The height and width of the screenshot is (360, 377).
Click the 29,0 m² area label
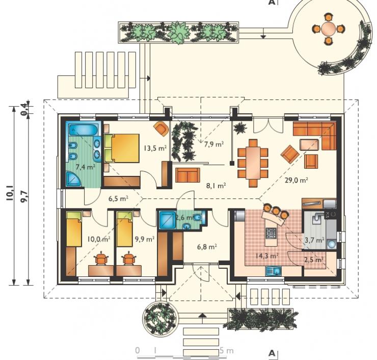pos(297,180)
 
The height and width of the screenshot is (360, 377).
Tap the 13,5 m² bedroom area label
pos(155,148)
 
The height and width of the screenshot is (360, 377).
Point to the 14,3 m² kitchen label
pos(267,255)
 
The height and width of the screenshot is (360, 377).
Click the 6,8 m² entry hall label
pos(207,247)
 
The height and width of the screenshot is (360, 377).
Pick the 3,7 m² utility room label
pos(314,240)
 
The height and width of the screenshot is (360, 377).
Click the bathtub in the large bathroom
pos(83,130)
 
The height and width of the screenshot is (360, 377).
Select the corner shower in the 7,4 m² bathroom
pos(73,179)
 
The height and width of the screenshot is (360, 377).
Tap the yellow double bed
pos(122,148)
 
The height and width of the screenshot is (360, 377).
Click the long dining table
pos(253,163)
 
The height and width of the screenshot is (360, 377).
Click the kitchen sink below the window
pos(274,271)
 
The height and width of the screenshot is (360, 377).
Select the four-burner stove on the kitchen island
pos(271,233)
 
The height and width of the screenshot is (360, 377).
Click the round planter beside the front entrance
pos(159,319)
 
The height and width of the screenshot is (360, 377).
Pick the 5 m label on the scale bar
pos(227,351)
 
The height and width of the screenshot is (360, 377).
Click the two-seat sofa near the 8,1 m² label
pos(188,175)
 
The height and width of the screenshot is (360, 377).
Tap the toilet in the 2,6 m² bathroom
pos(198,217)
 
